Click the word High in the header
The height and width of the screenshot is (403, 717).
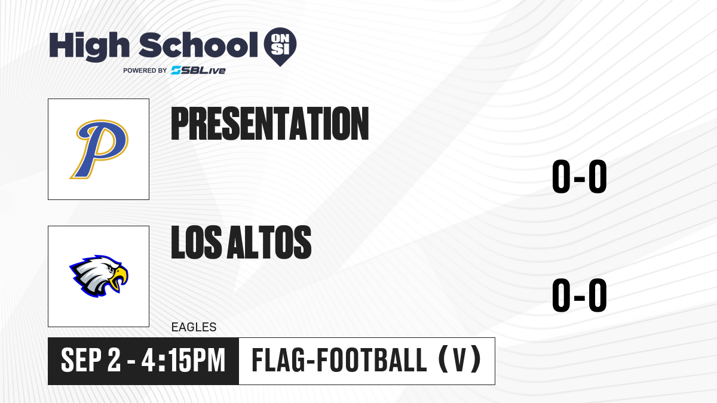pyautogui.click(x=90, y=46)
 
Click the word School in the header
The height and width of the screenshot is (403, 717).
pyautogui.click(x=198, y=45)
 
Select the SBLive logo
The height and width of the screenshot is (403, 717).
pyautogui.click(x=198, y=70)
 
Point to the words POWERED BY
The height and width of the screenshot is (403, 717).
pyautogui.click(x=145, y=70)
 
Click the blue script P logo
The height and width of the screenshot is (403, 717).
pyautogui.click(x=99, y=149)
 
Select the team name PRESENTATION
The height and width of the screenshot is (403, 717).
pyautogui.click(x=270, y=124)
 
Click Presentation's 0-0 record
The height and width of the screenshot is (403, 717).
pyautogui.click(x=580, y=176)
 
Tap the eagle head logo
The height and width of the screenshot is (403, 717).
pyautogui.click(x=99, y=276)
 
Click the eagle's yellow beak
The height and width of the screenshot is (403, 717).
pyautogui.click(x=119, y=278)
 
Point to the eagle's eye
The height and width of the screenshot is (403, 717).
pyautogui.click(x=111, y=270)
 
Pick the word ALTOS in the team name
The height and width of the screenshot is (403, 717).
pyautogui.click(x=269, y=242)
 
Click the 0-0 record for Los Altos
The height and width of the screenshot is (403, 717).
pyautogui.click(x=580, y=295)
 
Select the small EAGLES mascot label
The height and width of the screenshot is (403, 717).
pyautogui.click(x=194, y=327)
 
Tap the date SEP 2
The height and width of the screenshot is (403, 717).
pyautogui.click(x=91, y=361)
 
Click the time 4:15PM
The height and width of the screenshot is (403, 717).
pyautogui.click(x=183, y=361)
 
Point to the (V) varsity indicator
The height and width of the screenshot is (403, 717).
pyautogui.click(x=459, y=360)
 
